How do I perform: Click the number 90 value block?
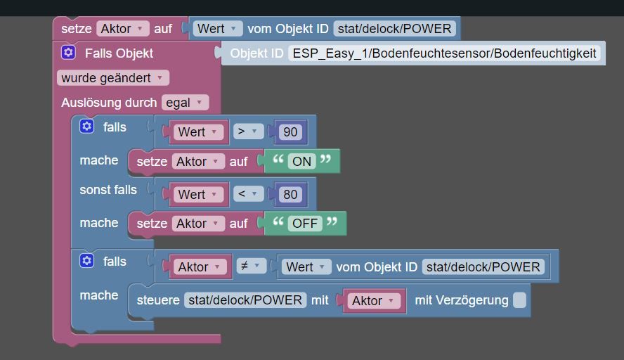290,131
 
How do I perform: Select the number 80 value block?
290,194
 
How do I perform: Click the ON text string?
301,161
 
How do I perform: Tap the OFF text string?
305,224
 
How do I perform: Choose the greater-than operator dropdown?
248,131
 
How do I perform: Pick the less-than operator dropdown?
248,194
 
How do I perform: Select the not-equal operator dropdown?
251,266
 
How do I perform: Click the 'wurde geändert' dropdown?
113,77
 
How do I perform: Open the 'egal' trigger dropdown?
185,103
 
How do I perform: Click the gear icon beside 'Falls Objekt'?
68,52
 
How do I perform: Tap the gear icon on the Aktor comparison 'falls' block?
86,260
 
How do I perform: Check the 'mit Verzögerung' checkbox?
519,300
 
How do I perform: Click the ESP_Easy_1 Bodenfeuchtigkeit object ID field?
444,53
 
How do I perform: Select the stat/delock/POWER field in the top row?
394,29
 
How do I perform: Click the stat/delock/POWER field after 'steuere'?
245,300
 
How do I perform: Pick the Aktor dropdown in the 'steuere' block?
374,301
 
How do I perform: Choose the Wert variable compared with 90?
197,131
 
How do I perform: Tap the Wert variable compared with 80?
197,194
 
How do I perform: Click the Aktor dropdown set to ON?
198,161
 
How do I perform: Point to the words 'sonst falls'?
108,190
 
